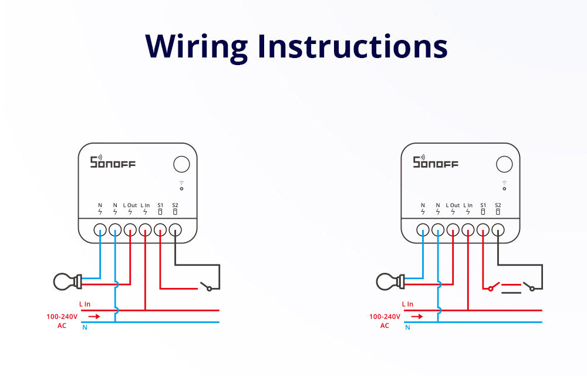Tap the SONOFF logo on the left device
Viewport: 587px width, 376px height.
click(x=112, y=162)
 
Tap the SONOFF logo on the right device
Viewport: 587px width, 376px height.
click(x=435, y=162)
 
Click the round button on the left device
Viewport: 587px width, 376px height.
click(x=181, y=164)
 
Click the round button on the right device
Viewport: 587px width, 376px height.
click(x=504, y=164)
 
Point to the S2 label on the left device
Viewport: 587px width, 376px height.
click(x=175, y=205)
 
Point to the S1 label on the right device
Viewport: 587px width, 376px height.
click(x=483, y=205)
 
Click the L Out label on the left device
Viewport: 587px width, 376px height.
click(x=130, y=205)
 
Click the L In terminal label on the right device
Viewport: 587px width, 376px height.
click(x=468, y=205)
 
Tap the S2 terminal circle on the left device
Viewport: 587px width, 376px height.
click(x=175, y=230)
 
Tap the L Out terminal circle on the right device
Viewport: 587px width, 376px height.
click(x=453, y=230)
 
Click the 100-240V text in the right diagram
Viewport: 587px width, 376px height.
click(x=385, y=316)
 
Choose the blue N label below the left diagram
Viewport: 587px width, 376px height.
click(x=85, y=327)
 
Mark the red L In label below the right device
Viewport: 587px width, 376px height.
click(x=407, y=304)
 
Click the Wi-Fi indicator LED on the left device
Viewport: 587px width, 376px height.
click(x=181, y=188)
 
